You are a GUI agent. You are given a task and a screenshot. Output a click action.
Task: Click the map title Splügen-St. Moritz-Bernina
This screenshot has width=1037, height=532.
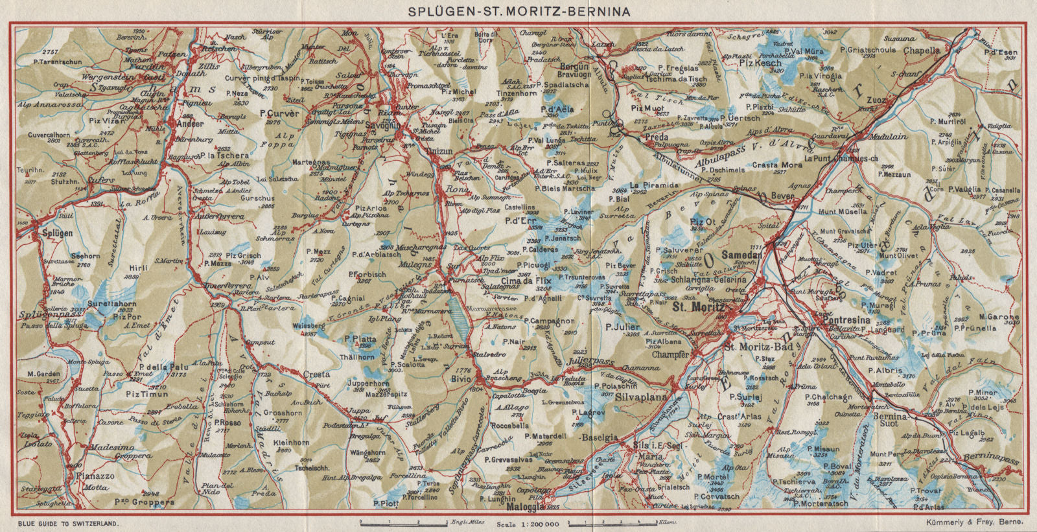click(518, 11)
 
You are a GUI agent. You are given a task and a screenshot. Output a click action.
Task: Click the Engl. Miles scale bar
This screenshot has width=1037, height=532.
click(402, 520)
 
